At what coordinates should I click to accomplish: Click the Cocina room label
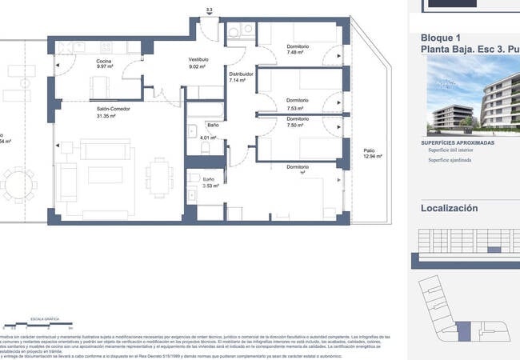pos(104,62)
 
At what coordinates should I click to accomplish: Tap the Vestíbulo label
pos(198,59)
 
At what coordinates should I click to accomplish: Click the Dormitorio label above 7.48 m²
pos(298,46)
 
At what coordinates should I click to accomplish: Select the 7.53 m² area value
pos(298,107)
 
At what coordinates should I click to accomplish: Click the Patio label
pos(369,150)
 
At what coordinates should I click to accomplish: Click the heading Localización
pos(449,208)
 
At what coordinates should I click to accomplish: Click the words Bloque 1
pos(441,38)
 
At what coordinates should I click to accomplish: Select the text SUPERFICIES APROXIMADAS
pos(457,142)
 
